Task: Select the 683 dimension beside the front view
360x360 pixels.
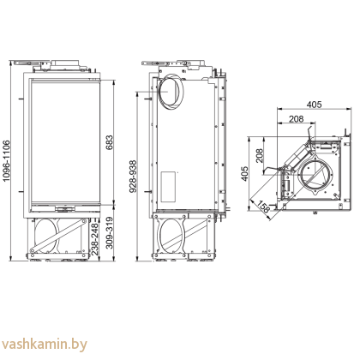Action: pos(109,142)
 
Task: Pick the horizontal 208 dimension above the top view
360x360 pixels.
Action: pos(296,120)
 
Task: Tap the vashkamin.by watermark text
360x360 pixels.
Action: pos(45,345)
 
